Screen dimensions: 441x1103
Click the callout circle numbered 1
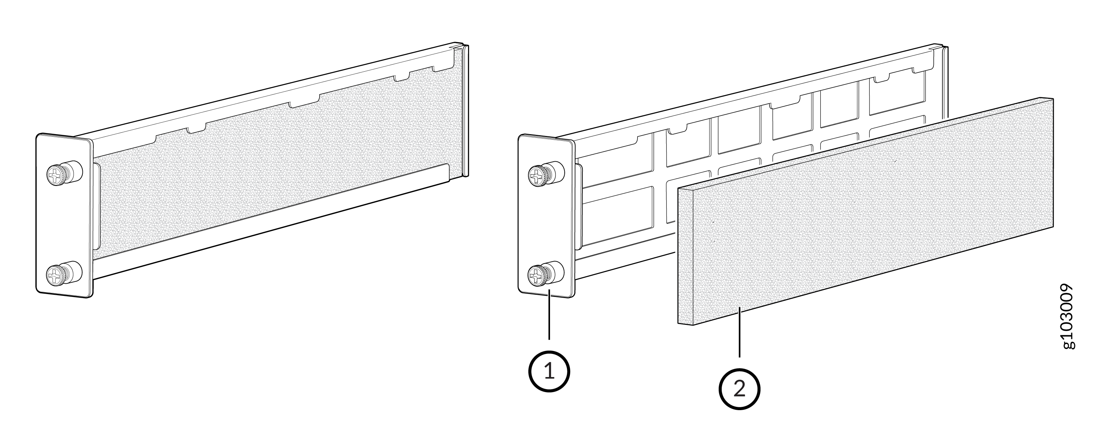point(549,371)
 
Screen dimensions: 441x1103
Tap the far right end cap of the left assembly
point(465,111)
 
